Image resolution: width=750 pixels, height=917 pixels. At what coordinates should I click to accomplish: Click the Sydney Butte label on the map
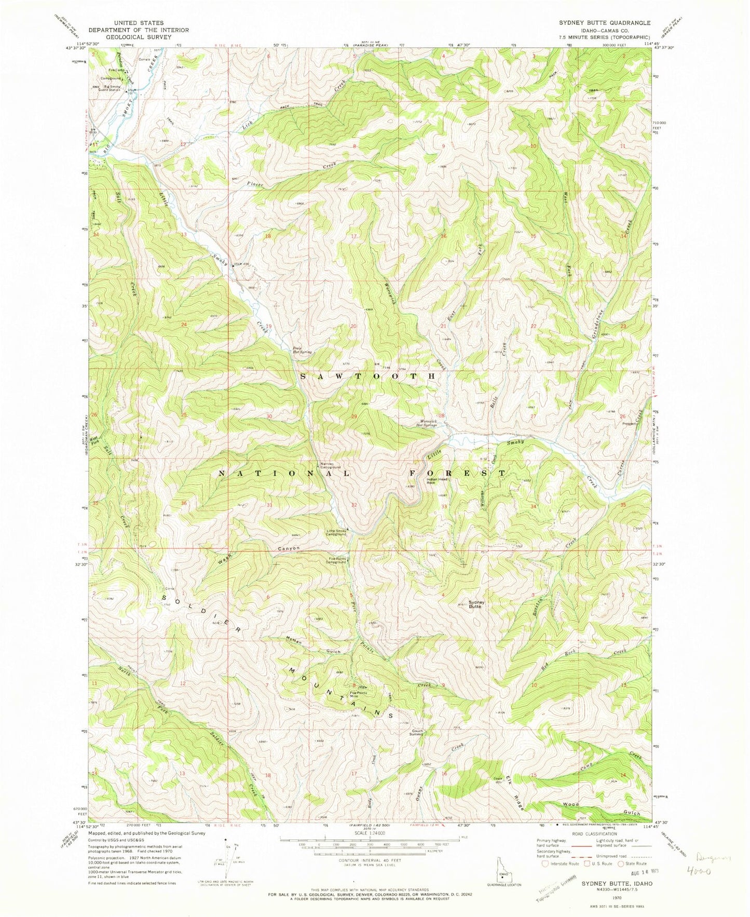click(476, 604)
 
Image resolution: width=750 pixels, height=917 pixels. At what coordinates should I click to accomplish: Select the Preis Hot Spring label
click(302, 350)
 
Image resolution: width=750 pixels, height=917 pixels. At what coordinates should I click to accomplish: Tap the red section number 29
click(354, 417)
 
